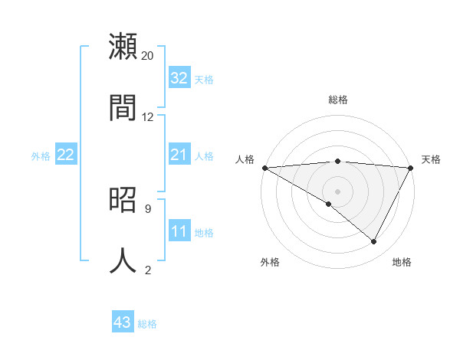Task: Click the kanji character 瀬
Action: (123, 47)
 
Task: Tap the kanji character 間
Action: (123, 108)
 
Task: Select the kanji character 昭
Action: (123, 200)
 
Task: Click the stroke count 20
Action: (148, 56)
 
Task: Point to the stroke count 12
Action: (148, 117)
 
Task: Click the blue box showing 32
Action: (179, 78)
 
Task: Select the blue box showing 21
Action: (179, 155)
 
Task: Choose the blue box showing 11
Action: (179, 232)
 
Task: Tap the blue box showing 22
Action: (66, 155)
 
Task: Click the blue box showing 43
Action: (123, 323)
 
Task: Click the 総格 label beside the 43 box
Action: (147, 324)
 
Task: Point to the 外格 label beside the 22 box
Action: (41, 156)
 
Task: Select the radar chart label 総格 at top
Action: (338, 100)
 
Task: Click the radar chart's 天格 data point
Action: (412, 168)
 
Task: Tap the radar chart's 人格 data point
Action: (264, 168)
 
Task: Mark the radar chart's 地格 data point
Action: (374, 242)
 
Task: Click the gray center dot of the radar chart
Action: (338, 191)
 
